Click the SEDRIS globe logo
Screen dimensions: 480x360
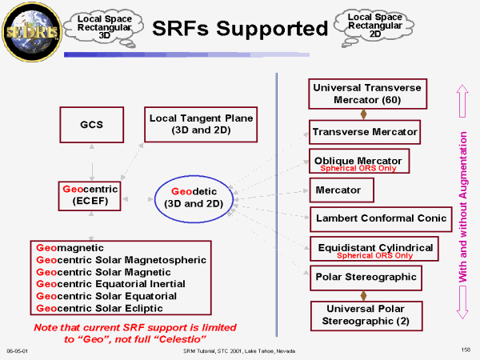(x=32, y=32)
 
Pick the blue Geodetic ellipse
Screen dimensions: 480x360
(x=154, y=199)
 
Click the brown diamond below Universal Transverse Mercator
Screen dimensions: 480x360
(x=363, y=114)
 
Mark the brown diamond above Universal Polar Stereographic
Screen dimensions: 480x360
(x=363, y=296)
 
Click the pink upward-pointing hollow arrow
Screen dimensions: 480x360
(x=462, y=101)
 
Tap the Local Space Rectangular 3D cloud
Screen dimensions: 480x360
(x=105, y=27)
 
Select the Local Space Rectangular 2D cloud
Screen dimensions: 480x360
(x=374, y=26)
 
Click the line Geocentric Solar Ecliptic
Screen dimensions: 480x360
(x=99, y=308)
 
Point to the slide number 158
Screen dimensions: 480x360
(x=466, y=350)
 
